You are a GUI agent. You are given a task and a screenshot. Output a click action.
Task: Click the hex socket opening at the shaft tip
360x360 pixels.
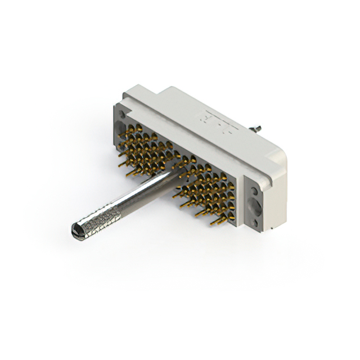77,229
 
